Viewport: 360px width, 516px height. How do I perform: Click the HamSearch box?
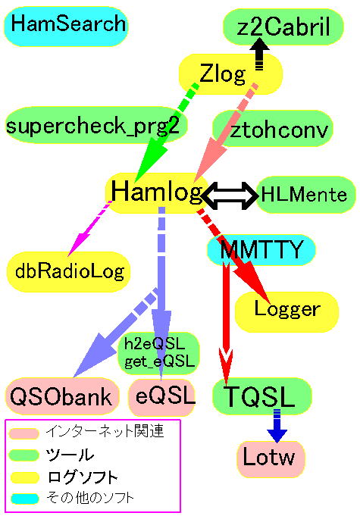66,26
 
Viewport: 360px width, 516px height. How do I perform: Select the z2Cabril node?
283,27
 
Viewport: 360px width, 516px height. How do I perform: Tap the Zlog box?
230,74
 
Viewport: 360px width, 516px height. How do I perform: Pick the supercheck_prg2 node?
96,125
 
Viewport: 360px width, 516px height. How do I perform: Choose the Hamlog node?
157,192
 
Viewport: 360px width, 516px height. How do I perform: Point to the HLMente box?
305,195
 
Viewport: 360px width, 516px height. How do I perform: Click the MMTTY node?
261,250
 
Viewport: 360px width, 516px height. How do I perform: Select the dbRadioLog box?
68,272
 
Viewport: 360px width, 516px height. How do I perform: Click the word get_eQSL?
159,361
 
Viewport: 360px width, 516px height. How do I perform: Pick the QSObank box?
62,396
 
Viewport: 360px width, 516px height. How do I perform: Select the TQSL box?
262,396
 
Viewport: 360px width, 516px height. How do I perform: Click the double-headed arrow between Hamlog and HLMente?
230,195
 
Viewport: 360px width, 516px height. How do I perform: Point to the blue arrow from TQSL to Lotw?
277,426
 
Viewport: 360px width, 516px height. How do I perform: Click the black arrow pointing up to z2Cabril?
259,53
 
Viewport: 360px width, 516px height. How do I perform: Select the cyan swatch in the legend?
24,499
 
